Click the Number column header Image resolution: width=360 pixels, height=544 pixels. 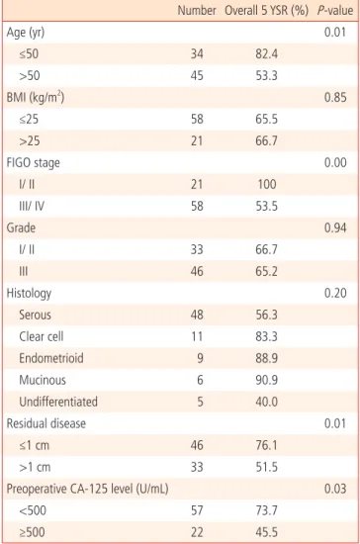click(x=197, y=11)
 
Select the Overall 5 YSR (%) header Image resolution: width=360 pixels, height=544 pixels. click(x=266, y=11)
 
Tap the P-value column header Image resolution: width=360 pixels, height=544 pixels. click(x=335, y=11)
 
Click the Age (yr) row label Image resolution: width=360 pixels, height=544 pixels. click(x=26, y=33)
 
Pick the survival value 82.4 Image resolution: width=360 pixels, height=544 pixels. click(x=266, y=54)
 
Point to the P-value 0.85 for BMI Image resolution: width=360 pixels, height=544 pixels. click(x=335, y=98)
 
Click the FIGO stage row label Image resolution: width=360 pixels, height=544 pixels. click(x=33, y=163)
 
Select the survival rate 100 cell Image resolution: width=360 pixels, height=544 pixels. click(x=267, y=184)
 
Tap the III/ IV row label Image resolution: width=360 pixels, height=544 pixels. click(x=32, y=207)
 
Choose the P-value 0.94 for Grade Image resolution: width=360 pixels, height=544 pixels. click(x=335, y=227)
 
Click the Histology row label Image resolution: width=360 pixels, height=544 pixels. click(x=29, y=294)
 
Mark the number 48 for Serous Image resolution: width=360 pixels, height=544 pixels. click(x=197, y=315)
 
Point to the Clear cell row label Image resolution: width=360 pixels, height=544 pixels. click(x=42, y=336)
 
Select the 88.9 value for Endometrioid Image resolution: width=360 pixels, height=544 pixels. click(x=266, y=358)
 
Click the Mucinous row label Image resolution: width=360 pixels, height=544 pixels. click(x=43, y=380)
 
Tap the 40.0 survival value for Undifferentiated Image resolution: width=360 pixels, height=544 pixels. click(x=266, y=402)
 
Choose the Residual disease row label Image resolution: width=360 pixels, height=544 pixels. click(x=46, y=423)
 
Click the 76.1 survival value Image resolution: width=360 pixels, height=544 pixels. click(x=266, y=445)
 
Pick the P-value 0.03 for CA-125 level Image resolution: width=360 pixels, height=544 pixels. click(x=335, y=489)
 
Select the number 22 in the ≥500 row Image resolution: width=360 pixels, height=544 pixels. click(x=197, y=532)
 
